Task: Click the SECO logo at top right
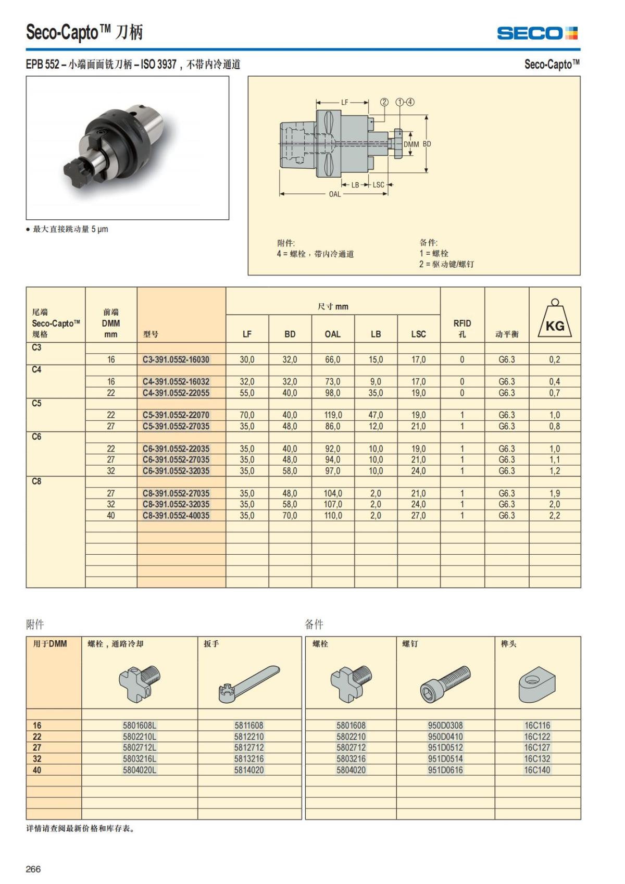click(x=537, y=33)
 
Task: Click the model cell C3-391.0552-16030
click(x=176, y=359)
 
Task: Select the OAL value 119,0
click(x=333, y=415)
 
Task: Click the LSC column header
click(x=418, y=334)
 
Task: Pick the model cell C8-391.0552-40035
click(x=176, y=516)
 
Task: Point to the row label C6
click(x=36, y=437)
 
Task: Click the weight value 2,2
click(x=555, y=516)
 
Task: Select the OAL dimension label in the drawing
click(x=334, y=194)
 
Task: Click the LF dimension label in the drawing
click(x=344, y=103)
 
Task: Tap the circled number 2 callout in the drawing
click(x=384, y=102)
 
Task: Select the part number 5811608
click(x=249, y=725)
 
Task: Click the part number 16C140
click(x=537, y=770)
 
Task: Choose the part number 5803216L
click(x=140, y=759)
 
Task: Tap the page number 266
click(x=33, y=869)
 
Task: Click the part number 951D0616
click(x=445, y=770)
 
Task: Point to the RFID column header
click(x=462, y=328)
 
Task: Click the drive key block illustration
click(x=537, y=683)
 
